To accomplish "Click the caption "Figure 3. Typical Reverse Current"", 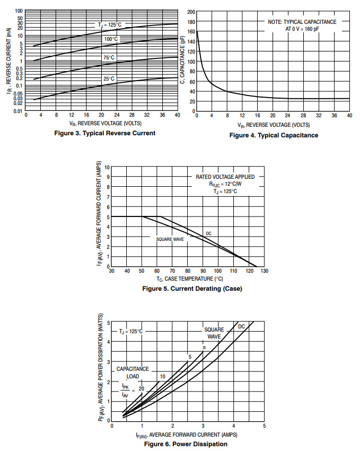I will tap(105, 133).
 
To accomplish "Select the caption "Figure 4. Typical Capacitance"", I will tap(274, 135).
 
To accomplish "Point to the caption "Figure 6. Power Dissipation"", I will tap(186, 444).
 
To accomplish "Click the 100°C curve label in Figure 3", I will tap(111, 39).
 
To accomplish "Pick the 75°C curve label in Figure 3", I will tap(109, 57).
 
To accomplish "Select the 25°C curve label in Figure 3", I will tap(109, 79).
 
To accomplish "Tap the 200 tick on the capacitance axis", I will tap(191, 11).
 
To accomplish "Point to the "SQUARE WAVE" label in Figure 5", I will tap(170, 239).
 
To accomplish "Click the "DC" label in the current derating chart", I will tap(208, 233).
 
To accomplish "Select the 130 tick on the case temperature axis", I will tap(264, 271).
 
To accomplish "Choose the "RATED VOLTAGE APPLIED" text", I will tap(225, 177).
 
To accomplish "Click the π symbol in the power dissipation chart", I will tap(204, 347).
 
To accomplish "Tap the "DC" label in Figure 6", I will tap(241, 326).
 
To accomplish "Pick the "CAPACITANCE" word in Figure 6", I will tap(133, 369).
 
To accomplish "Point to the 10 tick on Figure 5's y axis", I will tap(107, 167).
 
